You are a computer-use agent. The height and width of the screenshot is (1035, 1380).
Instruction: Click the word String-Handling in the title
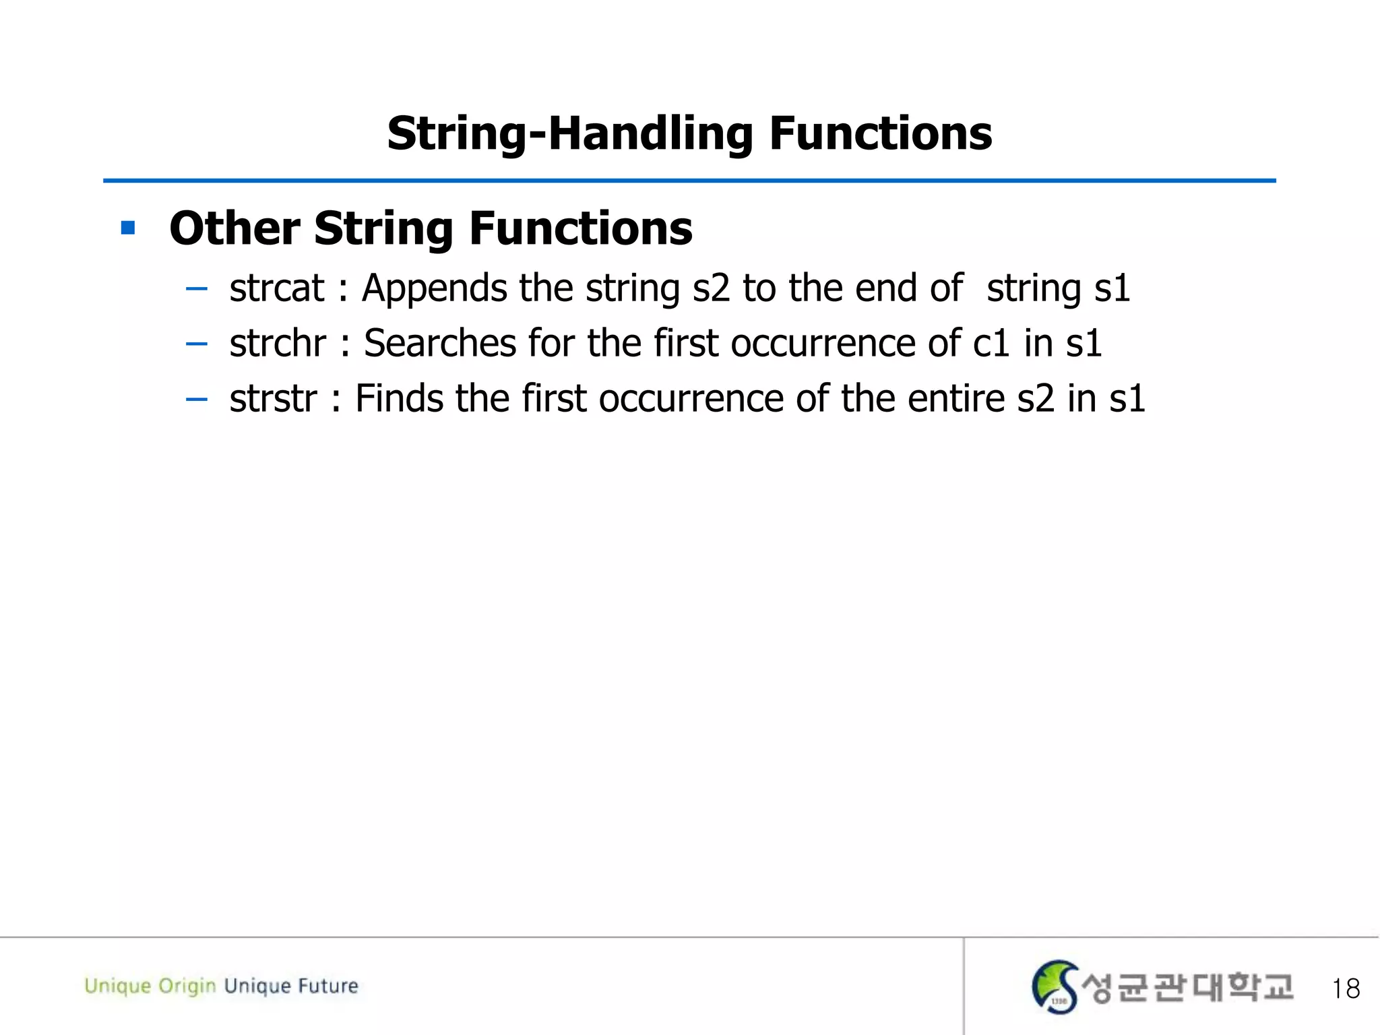[x=569, y=133]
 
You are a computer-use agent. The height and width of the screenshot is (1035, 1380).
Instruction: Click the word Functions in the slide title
[x=880, y=133]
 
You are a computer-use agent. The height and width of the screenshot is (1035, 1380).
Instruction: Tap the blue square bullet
[x=128, y=228]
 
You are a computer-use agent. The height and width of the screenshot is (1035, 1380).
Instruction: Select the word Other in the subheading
[x=234, y=228]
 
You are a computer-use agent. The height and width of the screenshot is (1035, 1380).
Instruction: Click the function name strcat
[x=277, y=288]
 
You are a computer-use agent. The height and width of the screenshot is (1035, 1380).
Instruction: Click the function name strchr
[x=278, y=343]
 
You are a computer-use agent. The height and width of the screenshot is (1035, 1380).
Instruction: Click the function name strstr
[x=273, y=398]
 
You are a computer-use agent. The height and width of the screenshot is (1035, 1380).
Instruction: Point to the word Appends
[x=434, y=288]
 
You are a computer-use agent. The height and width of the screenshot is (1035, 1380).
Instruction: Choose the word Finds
[x=399, y=398]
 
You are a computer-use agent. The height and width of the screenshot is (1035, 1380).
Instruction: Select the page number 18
[x=1345, y=989]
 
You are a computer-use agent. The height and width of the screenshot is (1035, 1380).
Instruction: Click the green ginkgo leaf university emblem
[x=1055, y=986]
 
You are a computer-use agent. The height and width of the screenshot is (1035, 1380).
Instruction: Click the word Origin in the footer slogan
[x=187, y=986]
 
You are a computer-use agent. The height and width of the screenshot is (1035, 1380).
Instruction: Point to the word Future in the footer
[x=328, y=986]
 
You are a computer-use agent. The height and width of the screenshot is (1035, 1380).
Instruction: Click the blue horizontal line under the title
[x=689, y=181]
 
